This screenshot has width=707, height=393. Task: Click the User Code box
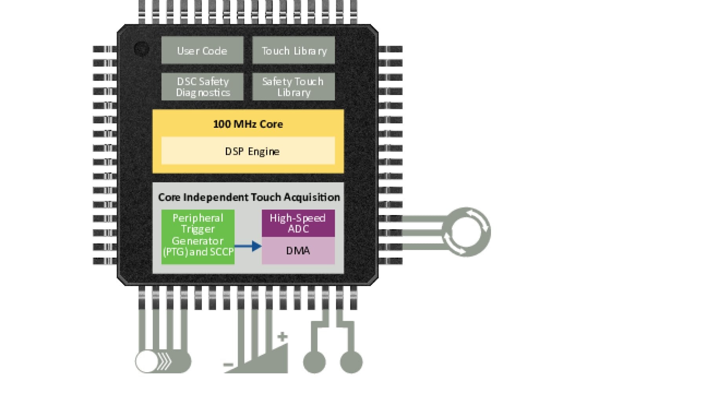202,50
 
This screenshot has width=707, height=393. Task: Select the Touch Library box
294,50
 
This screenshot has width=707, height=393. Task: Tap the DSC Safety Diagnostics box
202,86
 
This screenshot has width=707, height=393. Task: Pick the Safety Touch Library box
294,86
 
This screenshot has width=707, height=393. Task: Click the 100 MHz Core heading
248,124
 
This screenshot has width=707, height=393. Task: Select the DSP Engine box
248,151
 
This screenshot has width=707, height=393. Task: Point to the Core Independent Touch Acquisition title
249,197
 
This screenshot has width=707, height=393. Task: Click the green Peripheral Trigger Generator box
198,236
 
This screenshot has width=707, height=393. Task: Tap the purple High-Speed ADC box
298,223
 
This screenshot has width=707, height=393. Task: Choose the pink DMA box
298,250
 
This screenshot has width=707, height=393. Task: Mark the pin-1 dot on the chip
141,49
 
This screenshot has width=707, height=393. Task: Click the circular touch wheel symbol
466,232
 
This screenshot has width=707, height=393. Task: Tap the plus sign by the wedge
282,336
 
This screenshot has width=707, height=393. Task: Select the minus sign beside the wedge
228,365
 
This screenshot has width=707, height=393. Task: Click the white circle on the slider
147,362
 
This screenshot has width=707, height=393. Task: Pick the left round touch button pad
315,362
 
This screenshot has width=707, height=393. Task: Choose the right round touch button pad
351,362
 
